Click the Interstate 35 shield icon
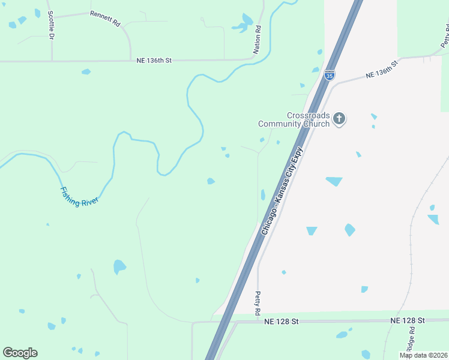[330, 75]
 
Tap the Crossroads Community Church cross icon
[339, 119]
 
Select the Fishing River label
[79, 196]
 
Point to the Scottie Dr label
[51, 25]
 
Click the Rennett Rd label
[105, 18]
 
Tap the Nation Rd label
[257, 40]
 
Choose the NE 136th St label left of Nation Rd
[154, 61]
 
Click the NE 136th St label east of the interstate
[382, 69]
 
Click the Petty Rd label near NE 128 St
[257, 303]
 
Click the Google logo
[20, 353]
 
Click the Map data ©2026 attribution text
[423, 355]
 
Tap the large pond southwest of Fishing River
[119, 266]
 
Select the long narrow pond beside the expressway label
[263, 195]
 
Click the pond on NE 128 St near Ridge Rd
[342, 334]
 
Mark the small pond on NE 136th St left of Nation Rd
[86, 72]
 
